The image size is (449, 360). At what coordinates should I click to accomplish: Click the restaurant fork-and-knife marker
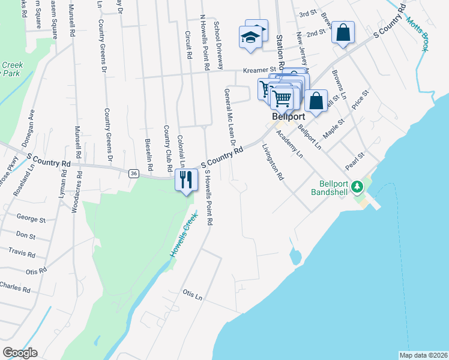186,179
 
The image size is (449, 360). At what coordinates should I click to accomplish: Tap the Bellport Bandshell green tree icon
358,187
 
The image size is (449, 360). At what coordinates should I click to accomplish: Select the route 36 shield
133,173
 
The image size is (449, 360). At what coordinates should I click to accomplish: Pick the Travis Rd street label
22,253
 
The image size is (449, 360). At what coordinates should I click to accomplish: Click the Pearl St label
355,161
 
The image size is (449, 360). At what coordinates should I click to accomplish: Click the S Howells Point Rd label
208,197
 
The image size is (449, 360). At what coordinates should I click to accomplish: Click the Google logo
20,353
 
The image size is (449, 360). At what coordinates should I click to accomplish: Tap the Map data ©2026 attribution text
423,355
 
